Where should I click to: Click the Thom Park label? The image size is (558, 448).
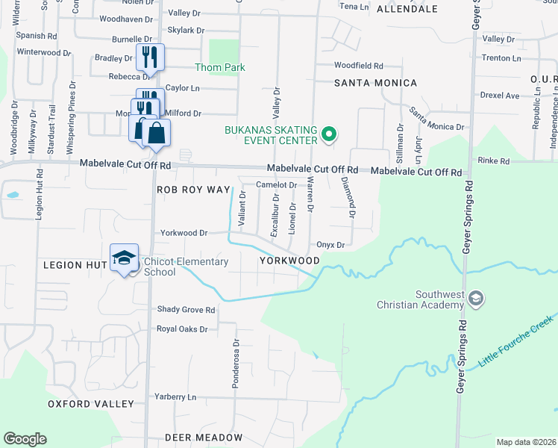click(x=220, y=67)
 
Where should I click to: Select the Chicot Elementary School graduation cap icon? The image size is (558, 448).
click(x=124, y=258)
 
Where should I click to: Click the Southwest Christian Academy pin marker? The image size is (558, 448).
click(x=477, y=299)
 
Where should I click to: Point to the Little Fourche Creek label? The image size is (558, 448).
click(x=515, y=340)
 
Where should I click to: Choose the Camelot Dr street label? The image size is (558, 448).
click(x=277, y=185)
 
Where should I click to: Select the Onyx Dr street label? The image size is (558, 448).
click(x=330, y=245)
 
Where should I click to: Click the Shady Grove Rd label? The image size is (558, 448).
click(x=185, y=309)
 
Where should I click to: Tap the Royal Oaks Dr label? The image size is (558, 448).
click(x=181, y=329)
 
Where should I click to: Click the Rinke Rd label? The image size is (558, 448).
click(x=494, y=161)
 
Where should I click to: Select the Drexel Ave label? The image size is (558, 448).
click(x=499, y=96)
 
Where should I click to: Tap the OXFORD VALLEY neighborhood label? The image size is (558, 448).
click(x=91, y=404)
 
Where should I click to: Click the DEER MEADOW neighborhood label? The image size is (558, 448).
click(x=204, y=437)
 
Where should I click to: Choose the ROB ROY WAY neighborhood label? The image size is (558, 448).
click(x=193, y=190)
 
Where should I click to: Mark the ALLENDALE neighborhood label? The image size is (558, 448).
click(x=407, y=9)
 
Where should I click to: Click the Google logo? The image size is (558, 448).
click(x=25, y=439)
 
